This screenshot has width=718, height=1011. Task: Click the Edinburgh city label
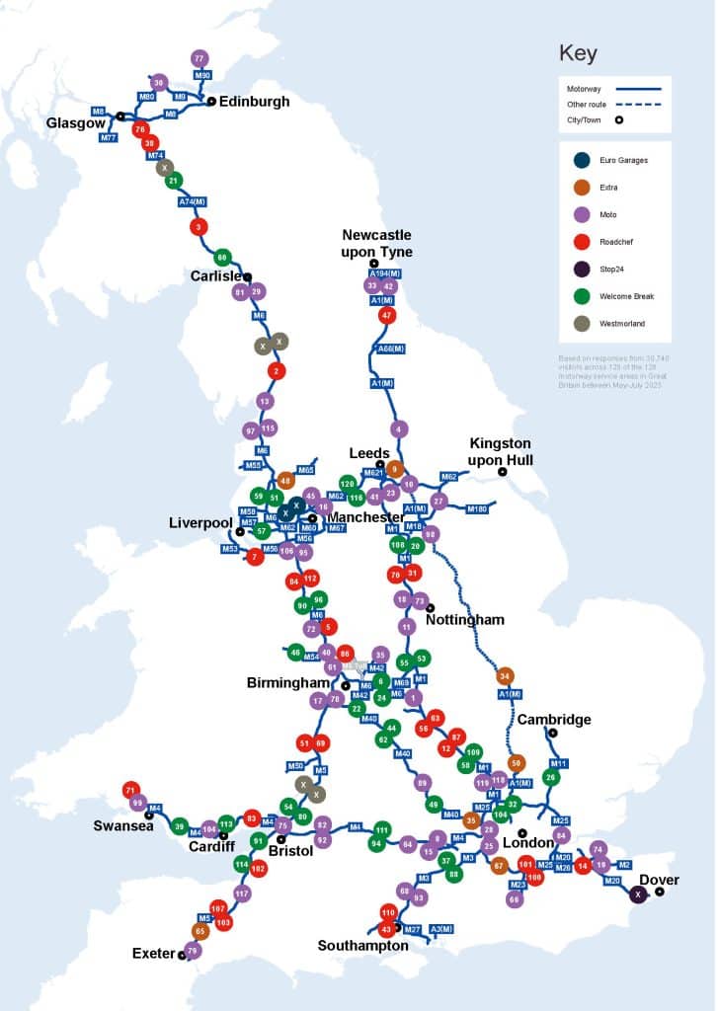pyautogui.click(x=255, y=101)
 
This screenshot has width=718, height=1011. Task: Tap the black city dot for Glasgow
pyautogui.click(x=120, y=116)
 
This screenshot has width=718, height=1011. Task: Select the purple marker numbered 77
pyautogui.click(x=199, y=58)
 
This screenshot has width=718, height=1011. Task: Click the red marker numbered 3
pyautogui.click(x=199, y=227)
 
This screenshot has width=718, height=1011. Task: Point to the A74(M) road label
pyautogui.click(x=192, y=202)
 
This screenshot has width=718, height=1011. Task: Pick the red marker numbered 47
pyautogui.click(x=386, y=315)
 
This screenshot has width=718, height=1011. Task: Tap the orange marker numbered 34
pyautogui.click(x=506, y=676)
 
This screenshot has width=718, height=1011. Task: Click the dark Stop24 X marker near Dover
pyautogui.click(x=638, y=894)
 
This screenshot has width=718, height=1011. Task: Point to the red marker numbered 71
pyautogui.click(x=130, y=790)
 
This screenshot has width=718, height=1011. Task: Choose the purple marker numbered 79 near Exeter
pyautogui.click(x=193, y=951)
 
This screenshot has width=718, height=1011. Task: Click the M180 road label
pyautogui.click(x=477, y=508)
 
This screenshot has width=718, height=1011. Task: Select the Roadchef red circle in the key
pyautogui.click(x=582, y=240)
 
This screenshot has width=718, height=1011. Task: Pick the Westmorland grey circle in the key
pyautogui.click(x=582, y=322)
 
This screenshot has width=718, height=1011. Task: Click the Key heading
pyautogui.click(x=578, y=53)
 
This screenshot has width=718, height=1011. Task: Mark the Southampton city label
pyautogui.click(x=362, y=945)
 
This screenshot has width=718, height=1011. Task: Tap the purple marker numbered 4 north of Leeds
pyautogui.click(x=398, y=428)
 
